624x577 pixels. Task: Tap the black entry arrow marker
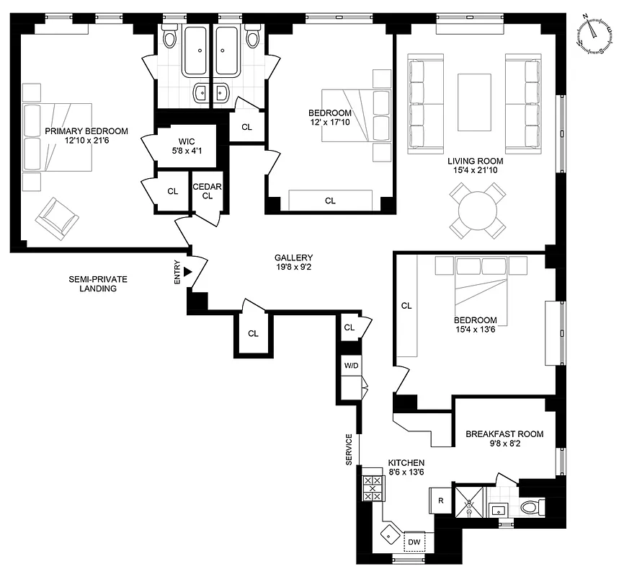point(187,272)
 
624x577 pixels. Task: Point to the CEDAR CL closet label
point(208,190)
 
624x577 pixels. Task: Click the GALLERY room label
point(293,263)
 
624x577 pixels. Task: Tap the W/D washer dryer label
point(351,366)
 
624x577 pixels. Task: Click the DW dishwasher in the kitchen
point(414,542)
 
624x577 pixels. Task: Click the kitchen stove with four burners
point(373,488)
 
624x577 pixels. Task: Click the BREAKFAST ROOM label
point(504,439)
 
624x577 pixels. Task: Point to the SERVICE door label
point(349,449)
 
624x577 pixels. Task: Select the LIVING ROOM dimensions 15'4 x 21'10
point(475,171)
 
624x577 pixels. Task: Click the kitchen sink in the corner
point(391,535)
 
